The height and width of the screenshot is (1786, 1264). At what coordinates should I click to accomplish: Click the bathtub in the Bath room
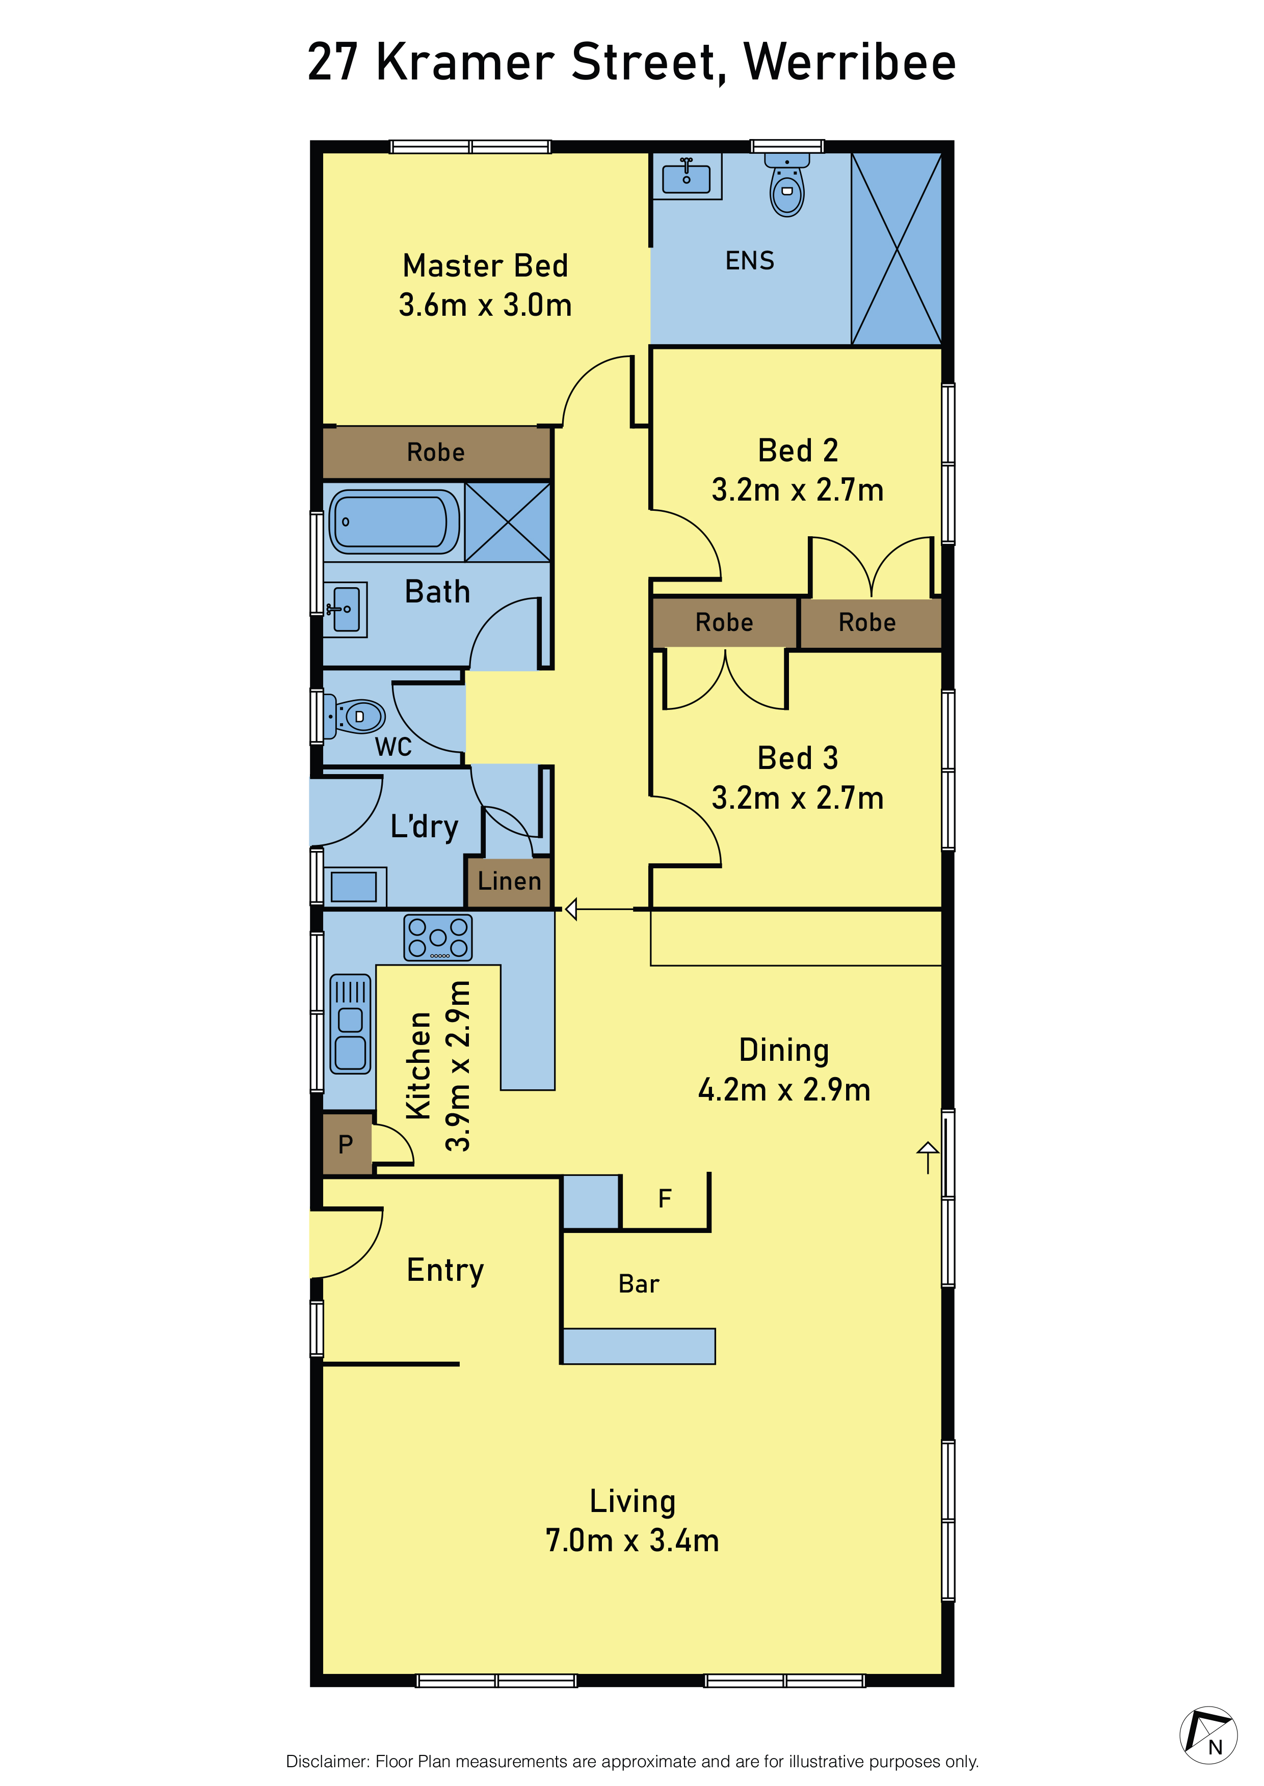(394, 521)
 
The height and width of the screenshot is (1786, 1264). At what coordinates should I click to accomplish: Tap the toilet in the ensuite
(787, 184)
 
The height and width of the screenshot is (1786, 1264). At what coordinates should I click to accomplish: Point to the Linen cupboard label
(509, 882)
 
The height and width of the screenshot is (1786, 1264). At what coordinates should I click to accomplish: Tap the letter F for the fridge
(664, 1199)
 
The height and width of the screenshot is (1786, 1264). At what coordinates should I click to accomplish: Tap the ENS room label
(750, 261)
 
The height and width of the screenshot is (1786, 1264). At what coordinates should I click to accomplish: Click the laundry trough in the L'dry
(355, 887)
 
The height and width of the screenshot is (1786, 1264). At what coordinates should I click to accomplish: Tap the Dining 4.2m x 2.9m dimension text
(784, 1090)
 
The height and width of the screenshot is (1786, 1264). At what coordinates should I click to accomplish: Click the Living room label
(632, 1501)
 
